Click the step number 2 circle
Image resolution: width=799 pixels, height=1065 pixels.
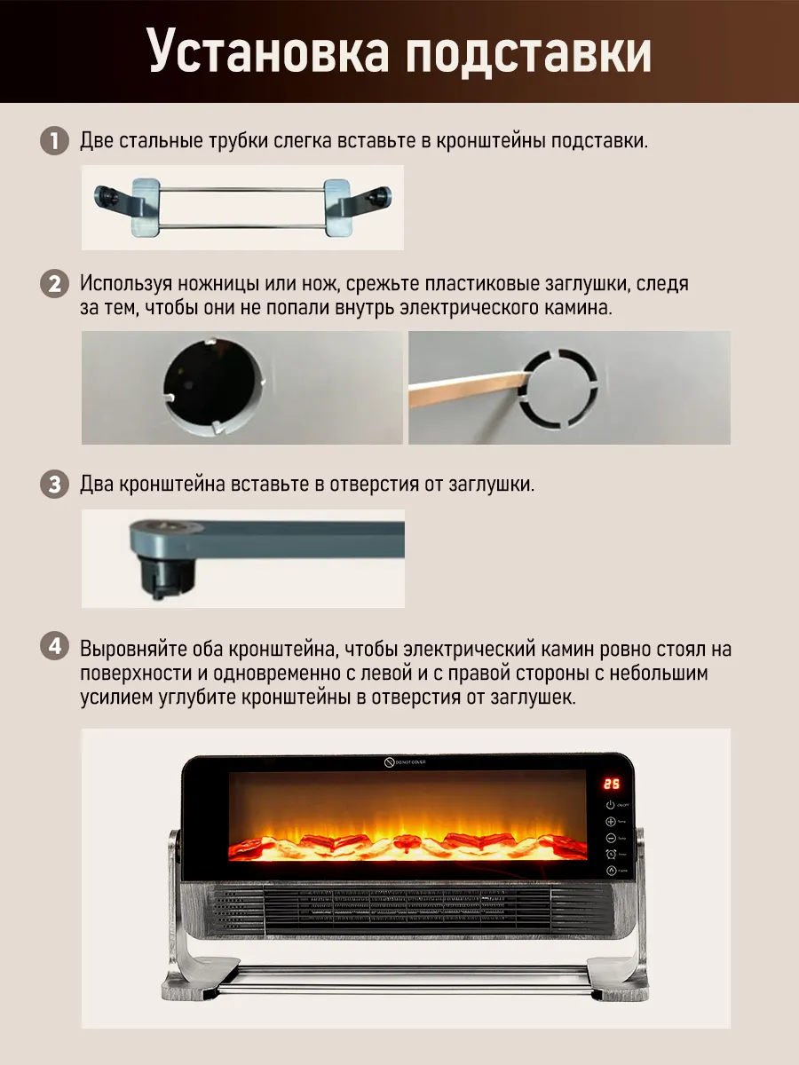(x=55, y=285)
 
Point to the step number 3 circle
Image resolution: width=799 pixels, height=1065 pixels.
(x=55, y=485)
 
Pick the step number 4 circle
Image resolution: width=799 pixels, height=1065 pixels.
(x=55, y=648)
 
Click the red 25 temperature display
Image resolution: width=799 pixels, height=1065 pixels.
(x=612, y=784)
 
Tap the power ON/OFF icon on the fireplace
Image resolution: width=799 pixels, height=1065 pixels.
(x=611, y=805)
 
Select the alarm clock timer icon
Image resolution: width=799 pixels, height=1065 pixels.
(x=611, y=854)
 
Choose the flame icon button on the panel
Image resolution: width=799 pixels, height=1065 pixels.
(x=611, y=872)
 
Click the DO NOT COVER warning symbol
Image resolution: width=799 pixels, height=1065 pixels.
(x=389, y=762)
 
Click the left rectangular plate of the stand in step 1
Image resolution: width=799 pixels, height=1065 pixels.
(x=146, y=209)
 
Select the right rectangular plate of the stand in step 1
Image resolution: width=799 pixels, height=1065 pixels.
(x=338, y=209)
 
